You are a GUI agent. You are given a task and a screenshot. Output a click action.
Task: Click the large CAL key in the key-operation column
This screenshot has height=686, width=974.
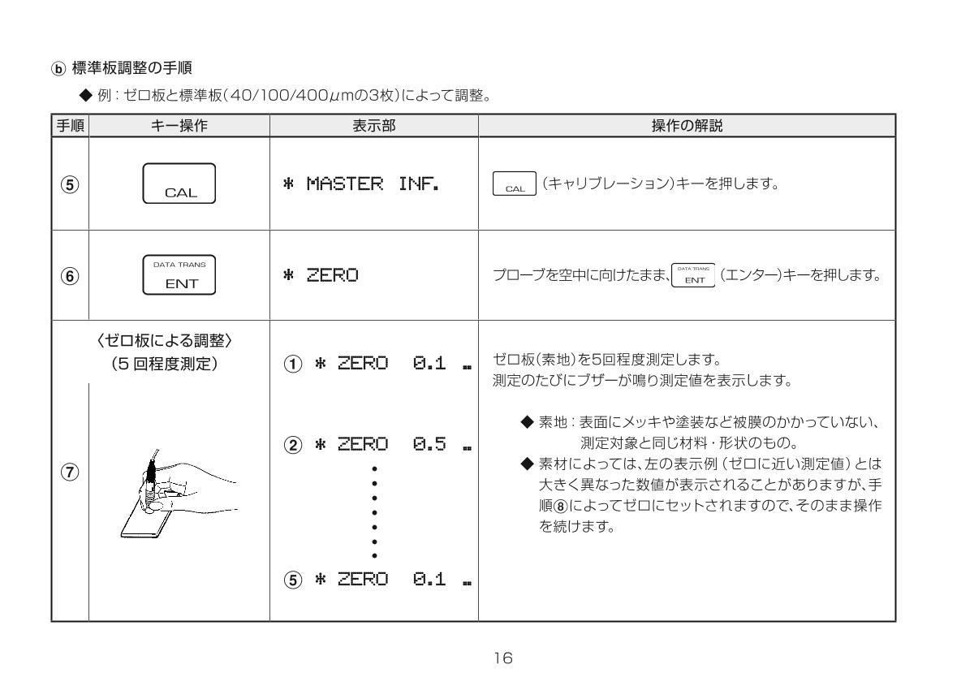[179, 183]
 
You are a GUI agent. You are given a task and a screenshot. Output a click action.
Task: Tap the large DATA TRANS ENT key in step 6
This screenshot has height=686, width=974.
[179, 275]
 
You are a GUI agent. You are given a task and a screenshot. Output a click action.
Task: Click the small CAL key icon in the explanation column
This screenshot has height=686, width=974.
[515, 183]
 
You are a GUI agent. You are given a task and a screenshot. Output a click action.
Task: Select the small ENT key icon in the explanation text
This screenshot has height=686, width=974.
[693, 275]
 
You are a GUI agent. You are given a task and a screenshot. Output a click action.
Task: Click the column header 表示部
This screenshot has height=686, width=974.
[374, 126]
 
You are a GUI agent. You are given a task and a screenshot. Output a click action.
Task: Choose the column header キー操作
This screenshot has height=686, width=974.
[179, 126]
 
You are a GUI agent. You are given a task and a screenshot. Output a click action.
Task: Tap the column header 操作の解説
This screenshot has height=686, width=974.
[687, 126]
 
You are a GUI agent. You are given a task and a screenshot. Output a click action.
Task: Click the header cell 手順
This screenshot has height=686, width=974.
[70, 126]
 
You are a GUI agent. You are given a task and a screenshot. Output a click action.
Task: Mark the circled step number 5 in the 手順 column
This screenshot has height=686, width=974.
[70, 184]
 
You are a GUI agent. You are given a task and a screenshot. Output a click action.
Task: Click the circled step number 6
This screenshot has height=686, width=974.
[70, 276]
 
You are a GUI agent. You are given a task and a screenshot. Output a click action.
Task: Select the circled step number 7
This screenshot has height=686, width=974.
[70, 472]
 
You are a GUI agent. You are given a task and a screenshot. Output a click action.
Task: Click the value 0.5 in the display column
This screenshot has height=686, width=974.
[429, 444]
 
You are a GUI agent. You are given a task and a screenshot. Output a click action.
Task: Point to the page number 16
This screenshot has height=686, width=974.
[503, 658]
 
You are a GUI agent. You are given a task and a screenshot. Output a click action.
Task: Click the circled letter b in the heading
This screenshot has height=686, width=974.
[58, 69]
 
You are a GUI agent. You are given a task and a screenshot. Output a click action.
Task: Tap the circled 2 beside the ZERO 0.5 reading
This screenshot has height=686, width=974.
[293, 445]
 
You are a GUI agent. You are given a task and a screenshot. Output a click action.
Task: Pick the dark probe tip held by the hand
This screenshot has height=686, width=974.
[151, 471]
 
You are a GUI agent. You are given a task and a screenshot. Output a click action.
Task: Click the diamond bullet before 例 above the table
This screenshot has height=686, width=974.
[86, 95]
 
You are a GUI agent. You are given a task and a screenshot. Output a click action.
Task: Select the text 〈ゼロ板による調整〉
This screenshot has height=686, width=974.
[164, 341]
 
